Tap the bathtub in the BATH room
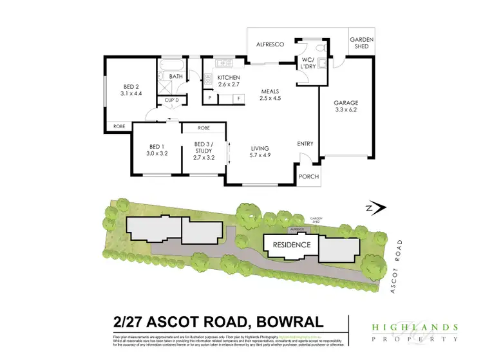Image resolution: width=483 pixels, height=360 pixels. (x=172, y=65)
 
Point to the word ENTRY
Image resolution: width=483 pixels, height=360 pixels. (x=305, y=144)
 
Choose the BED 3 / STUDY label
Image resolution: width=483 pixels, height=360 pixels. (x=203, y=151)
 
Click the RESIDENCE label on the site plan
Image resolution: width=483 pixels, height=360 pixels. (x=291, y=245)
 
